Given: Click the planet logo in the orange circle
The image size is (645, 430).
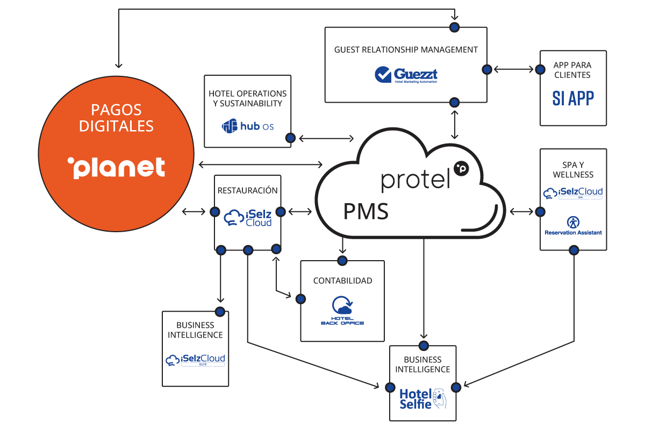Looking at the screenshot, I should [116, 167].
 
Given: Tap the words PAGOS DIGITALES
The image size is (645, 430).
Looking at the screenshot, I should [116, 118].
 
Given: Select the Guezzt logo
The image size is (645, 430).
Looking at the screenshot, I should [406, 74].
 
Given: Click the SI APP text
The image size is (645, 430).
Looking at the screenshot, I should [573, 98].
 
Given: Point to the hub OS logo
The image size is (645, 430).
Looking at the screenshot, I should [248, 126].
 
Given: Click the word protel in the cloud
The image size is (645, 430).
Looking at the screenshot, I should [415, 180].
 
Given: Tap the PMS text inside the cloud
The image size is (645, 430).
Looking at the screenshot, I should [365, 211].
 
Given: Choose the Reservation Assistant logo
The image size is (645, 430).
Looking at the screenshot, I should [573, 226].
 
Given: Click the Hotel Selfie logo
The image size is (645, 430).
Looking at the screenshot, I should [422, 398].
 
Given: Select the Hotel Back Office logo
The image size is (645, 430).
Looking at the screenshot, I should [342, 311].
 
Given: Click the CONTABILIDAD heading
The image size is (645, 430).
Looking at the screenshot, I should [342, 281].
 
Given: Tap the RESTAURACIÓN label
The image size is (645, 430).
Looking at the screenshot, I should [247, 190].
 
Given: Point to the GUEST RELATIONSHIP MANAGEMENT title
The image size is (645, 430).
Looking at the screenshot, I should [406, 49].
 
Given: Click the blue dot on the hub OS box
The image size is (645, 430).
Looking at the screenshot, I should [290, 138].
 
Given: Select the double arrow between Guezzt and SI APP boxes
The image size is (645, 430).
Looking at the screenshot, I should [514, 69].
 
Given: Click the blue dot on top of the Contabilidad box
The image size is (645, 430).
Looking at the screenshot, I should [342, 261].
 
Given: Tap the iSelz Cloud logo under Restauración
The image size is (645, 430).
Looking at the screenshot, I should [247, 217].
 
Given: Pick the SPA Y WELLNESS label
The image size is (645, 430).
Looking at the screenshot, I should [573, 169].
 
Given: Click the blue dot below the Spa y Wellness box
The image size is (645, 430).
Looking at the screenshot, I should [574, 250].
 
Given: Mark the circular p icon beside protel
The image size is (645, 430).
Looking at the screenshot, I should [461, 168].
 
